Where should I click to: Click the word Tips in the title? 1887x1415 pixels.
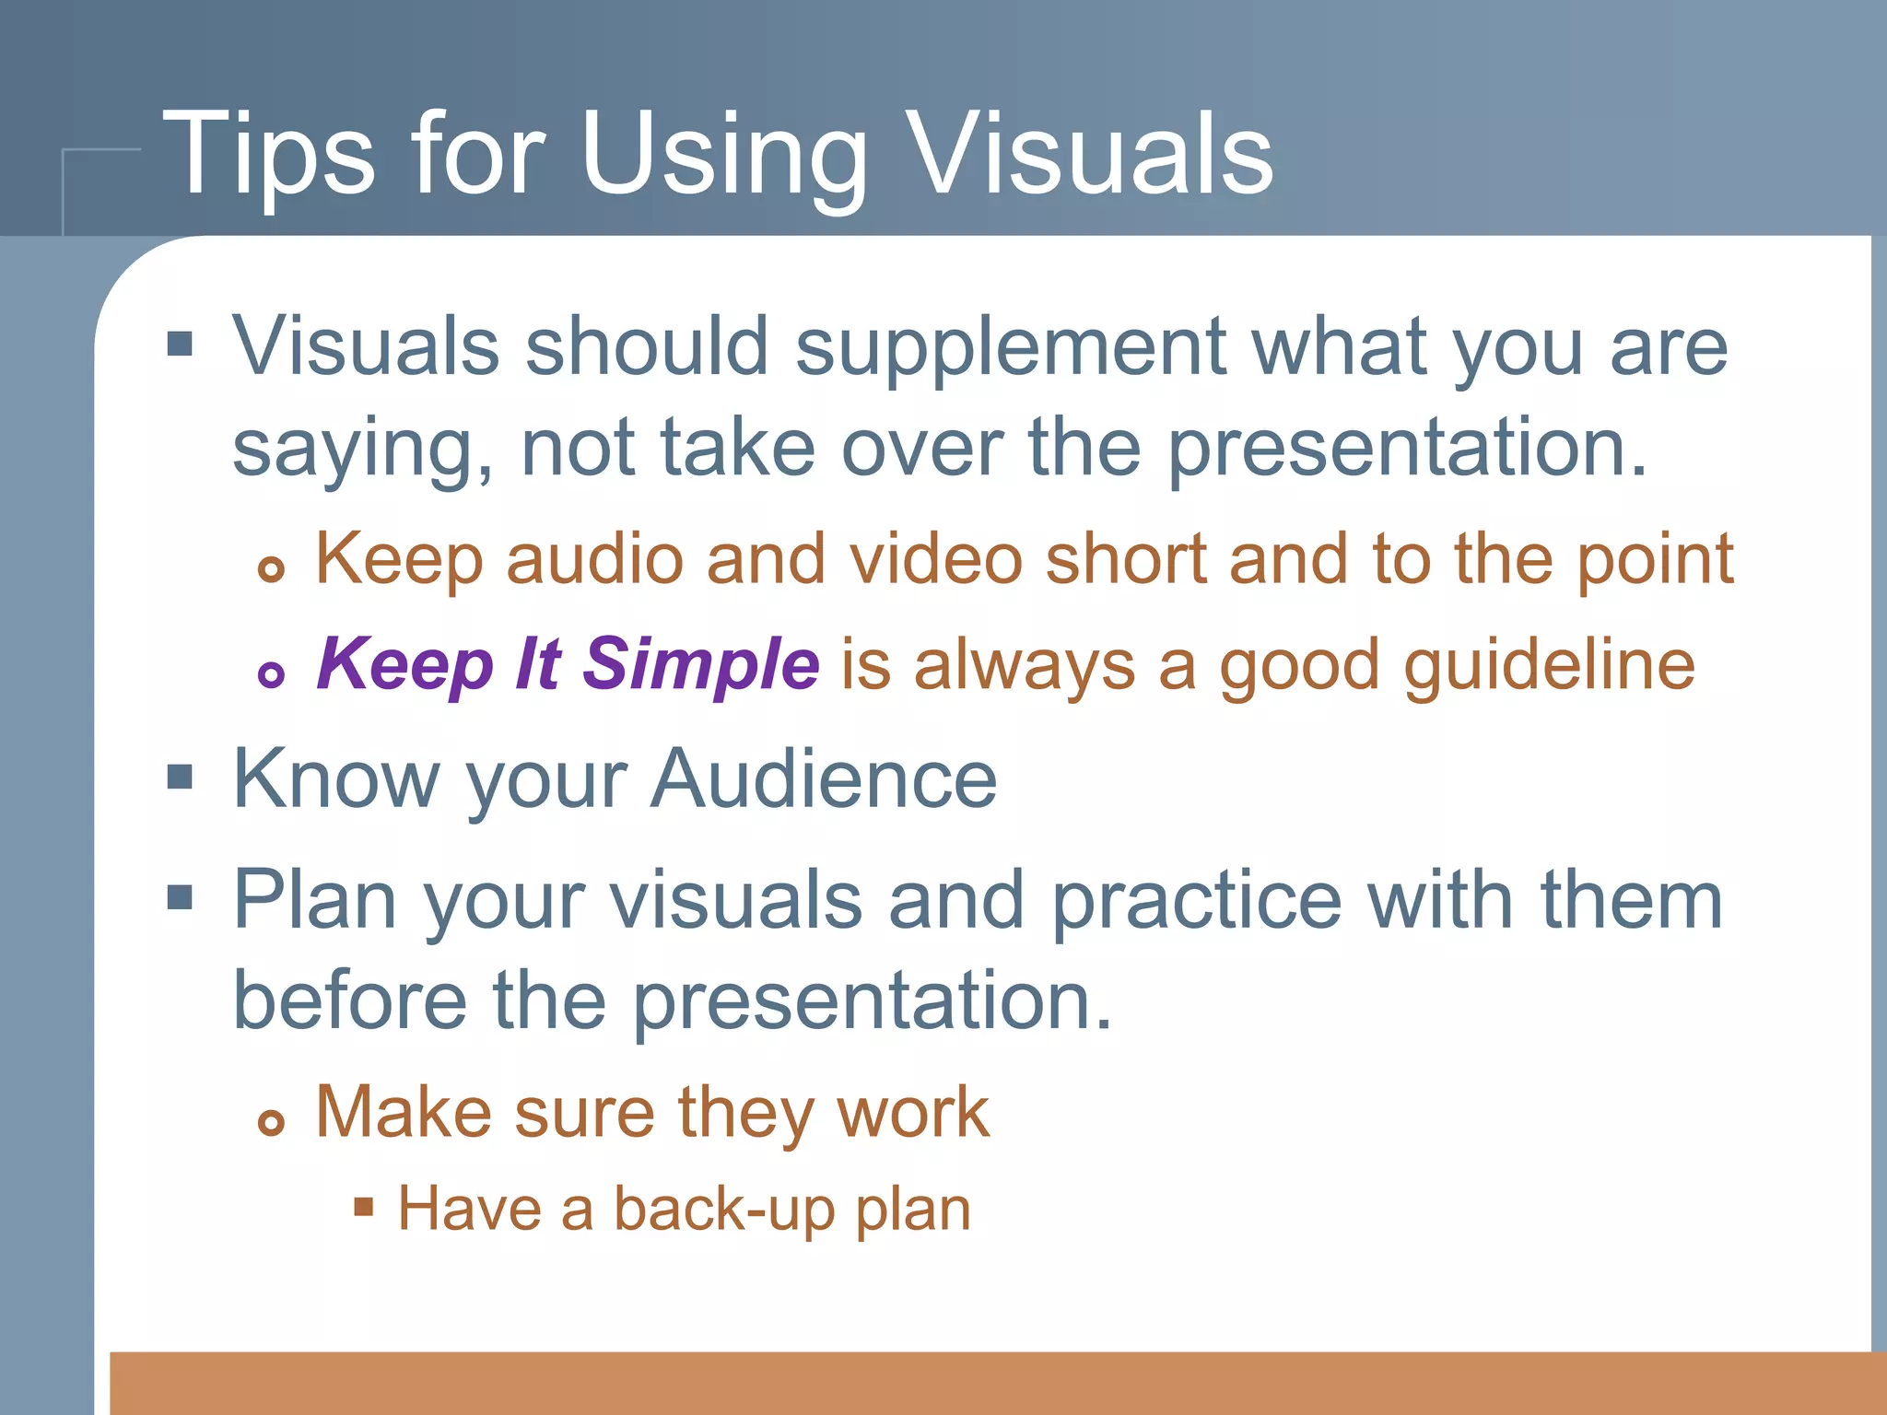tap(268, 155)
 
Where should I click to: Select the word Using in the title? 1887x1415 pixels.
tap(723, 155)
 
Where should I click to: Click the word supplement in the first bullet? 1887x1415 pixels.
tap(1010, 348)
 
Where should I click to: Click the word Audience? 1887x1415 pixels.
tap(824, 779)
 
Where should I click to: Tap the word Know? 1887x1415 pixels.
tap(336, 779)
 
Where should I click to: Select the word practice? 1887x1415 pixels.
tap(1197, 901)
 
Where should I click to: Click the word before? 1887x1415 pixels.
tap(350, 1000)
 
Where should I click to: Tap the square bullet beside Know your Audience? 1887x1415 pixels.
tap(180, 778)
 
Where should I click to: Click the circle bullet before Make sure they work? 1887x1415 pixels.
tap(271, 1122)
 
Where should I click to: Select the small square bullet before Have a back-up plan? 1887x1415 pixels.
tap(364, 1207)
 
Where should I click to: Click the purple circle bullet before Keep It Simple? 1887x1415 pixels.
tap(271, 674)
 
